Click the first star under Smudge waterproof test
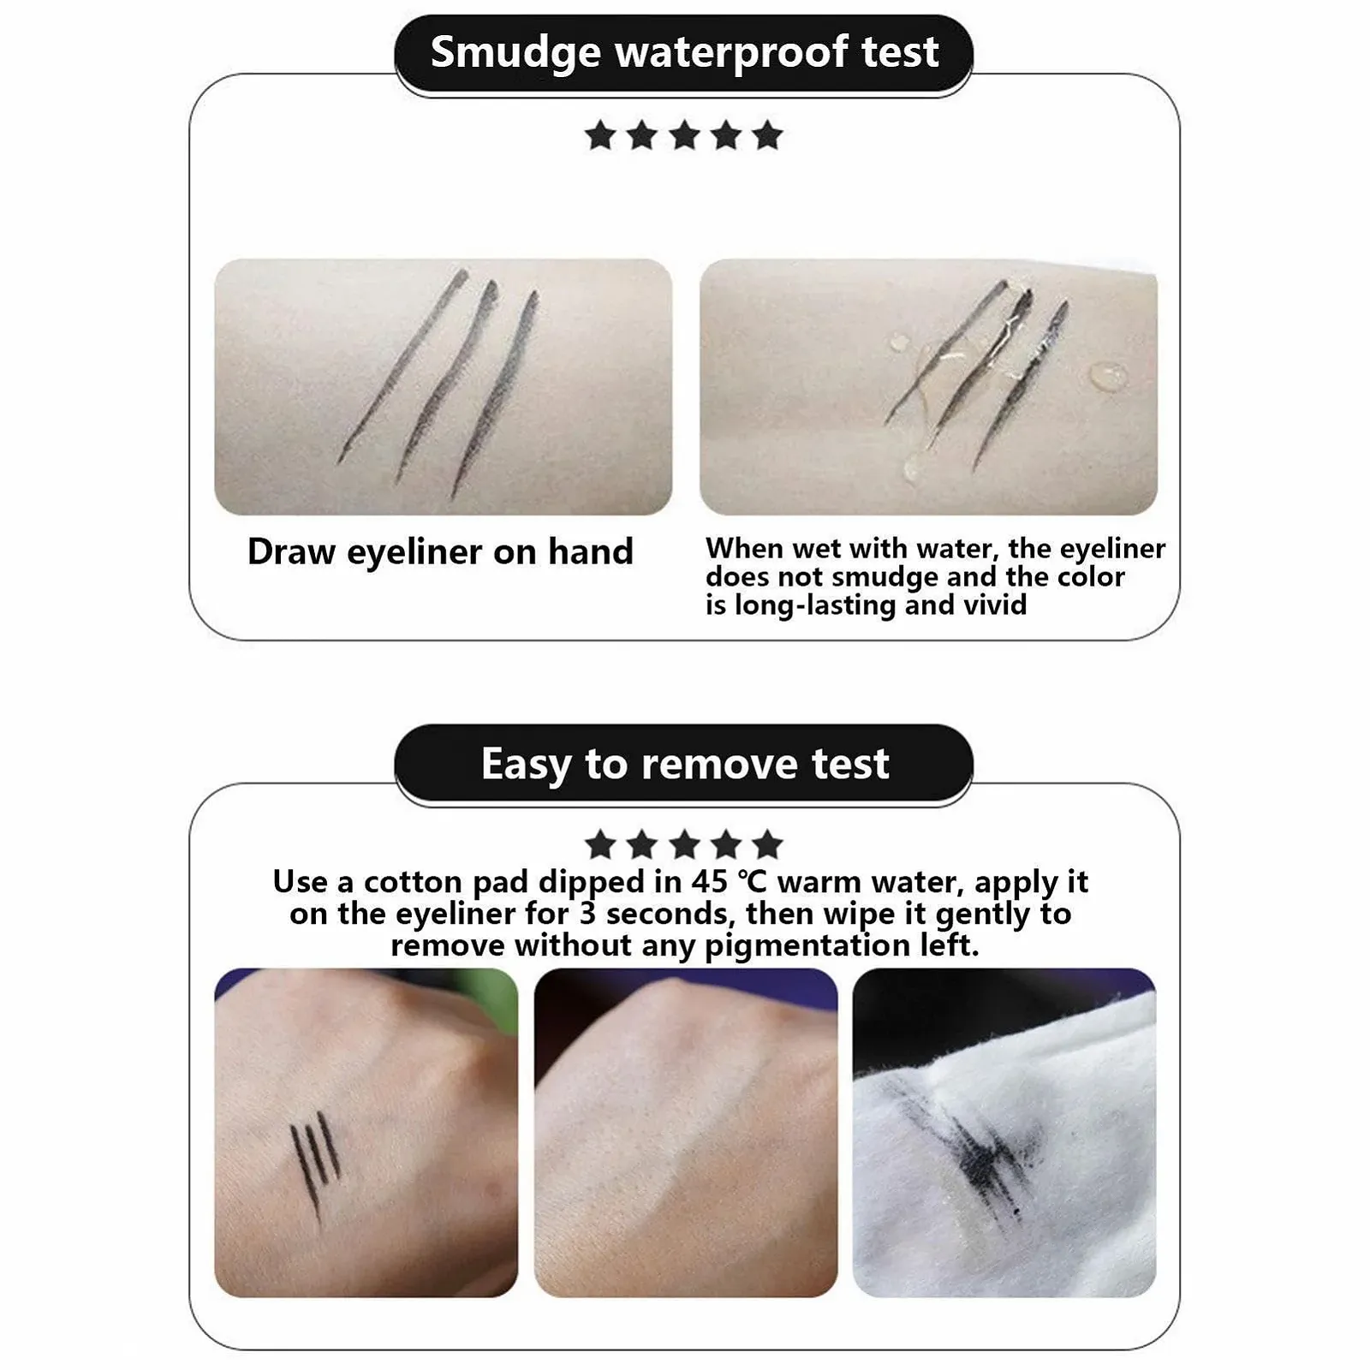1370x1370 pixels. pyautogui.click(x=600, y=135)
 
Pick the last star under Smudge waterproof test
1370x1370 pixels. pyautogui.click(x=767, y=135)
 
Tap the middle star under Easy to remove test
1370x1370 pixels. pyautogui.click(x=684, y=845)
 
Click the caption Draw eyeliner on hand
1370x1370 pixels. pyautogui.click(x=440, y=551)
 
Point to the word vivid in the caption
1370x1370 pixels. pyautogui.click(x=995, y=605)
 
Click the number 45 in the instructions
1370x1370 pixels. pyautogui.click(x=709, y=881)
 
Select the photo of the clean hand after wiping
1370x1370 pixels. pyautogui.click(x=685, y=1133)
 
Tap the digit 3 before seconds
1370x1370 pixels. pyautogui.click(x=587, y=914)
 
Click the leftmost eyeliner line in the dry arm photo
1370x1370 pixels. pyautogui.click(x=402, y=366)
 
